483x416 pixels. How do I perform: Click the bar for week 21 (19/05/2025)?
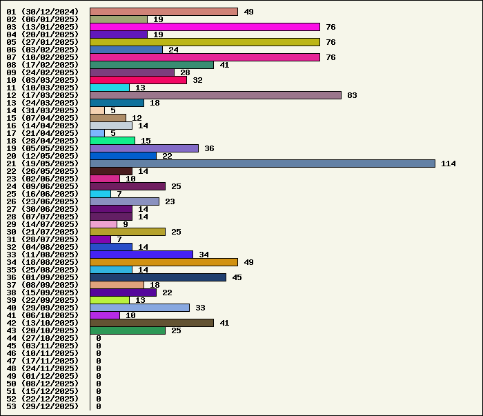262,164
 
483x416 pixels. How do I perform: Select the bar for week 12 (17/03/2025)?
215,95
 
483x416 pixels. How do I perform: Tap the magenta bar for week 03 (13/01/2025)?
205,27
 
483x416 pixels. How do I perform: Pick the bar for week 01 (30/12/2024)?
164,12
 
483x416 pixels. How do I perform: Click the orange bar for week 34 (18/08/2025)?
164,262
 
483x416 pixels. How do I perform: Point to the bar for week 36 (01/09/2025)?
158,277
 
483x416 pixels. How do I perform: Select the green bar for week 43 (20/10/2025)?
128,330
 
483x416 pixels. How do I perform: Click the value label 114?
448,164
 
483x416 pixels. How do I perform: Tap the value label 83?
352,95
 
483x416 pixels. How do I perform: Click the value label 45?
237,277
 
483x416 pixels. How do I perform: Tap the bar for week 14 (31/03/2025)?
97,110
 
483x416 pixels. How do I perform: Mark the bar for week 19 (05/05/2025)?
144,148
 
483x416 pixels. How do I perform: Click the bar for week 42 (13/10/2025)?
152,323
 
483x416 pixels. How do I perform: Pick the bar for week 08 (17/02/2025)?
152,65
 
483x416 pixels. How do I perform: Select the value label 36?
209,148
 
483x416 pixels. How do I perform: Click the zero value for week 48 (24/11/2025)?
99,368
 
